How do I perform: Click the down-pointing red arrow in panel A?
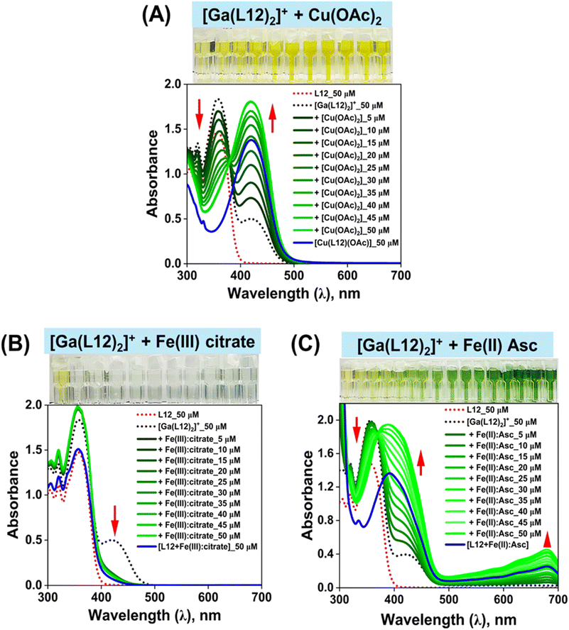200,111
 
